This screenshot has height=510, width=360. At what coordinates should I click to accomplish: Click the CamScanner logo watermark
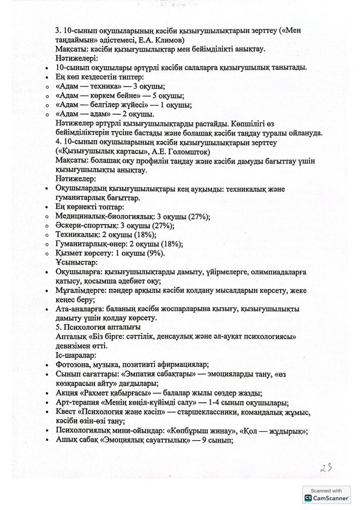[328, 498]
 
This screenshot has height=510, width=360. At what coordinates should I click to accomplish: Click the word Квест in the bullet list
[66, 413]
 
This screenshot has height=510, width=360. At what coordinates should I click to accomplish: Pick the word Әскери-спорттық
[83, 225]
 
